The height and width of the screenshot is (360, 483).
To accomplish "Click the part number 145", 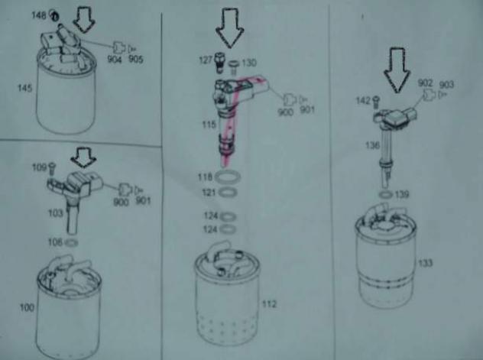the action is coord(25,89).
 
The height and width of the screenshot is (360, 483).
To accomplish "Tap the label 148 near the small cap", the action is coord(39,15).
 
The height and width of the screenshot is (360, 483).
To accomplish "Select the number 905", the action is coord(136,59).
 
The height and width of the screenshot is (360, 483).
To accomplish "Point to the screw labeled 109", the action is coord(52,168).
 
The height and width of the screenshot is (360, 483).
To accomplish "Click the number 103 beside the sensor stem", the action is coord(56,213).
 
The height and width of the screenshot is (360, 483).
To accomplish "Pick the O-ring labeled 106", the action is coord(72,243).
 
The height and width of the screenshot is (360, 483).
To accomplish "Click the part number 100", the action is coord(27,307).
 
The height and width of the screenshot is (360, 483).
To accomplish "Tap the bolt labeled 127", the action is coord(219,63).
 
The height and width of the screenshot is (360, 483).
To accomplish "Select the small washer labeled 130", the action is coord(234,65).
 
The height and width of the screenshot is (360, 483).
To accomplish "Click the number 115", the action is coord(209,125).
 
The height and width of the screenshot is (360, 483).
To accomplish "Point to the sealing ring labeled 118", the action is coord(228,177).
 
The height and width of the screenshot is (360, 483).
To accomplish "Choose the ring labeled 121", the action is coord(228,193).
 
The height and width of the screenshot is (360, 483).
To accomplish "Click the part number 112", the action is coord(270,304).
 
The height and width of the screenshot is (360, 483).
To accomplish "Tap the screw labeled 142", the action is coord(376,102).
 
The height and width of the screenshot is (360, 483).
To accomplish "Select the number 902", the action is coord(426,83).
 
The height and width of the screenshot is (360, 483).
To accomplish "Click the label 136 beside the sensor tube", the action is coord(372,145).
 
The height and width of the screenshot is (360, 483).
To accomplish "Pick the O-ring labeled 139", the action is coord(385,195).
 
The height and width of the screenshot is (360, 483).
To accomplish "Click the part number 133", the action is coord(426,263).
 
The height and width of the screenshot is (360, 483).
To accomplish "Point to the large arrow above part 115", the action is coord(230,28).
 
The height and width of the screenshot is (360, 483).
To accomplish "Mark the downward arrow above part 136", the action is coord(397,70).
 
